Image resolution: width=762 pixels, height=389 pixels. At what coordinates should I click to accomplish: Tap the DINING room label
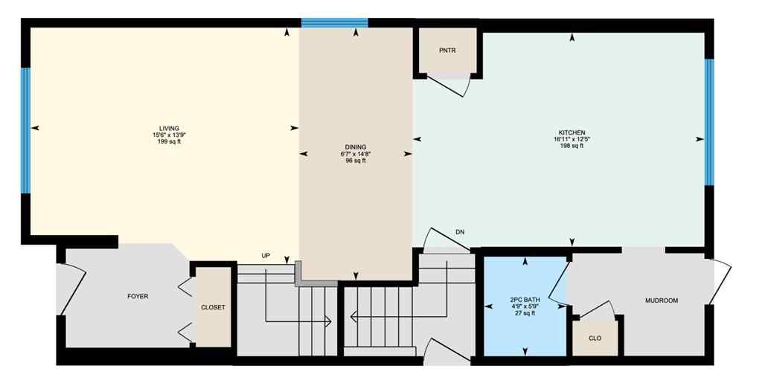click(355, 147)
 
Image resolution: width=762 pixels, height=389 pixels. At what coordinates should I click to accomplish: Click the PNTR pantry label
click(447, 51)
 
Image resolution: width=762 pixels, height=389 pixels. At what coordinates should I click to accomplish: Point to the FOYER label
click(138, 297)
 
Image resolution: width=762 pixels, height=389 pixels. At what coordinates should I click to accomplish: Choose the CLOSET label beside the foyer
click(213, 307)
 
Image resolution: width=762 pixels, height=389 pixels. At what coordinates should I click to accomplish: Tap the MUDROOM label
click(662, 300)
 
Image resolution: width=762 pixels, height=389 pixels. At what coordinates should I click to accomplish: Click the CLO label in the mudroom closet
click(595, 338)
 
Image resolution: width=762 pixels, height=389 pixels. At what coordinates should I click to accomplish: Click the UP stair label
click(266, 256)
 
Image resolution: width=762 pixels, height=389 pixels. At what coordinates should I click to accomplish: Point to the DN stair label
click(460, 233)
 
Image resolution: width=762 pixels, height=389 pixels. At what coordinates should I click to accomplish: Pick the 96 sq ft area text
click(355, 161)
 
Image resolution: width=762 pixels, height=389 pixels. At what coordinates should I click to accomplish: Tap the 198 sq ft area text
click(571, 146)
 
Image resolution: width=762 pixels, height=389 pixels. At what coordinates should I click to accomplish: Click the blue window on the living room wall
click(25, 131)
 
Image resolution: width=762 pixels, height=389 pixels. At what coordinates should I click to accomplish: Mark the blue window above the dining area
click(335, 22)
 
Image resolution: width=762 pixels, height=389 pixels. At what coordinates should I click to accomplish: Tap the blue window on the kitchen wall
click(709, 122)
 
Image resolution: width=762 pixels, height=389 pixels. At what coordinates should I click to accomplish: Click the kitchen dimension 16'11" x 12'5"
click(571, 139)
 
